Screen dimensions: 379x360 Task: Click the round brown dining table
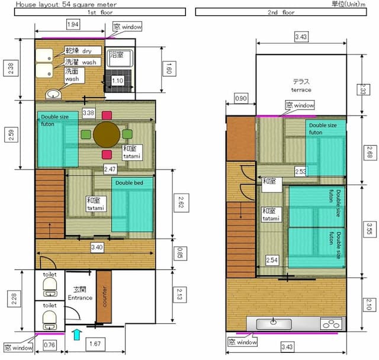(x=107, y=134)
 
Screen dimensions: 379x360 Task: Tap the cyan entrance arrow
(x=76, y=335)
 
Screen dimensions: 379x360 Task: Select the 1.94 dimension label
(x=73, y=24)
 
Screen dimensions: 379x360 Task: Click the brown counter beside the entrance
(x=104, y=297)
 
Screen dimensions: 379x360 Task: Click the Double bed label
(x=129, y=182)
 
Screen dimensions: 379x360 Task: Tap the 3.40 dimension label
(x=97, y=247)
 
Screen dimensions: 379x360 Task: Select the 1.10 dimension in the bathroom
(x=117, y=81)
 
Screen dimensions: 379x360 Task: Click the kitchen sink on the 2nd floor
(x=274, y=324)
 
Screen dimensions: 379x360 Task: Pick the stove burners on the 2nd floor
(x=331, y=324)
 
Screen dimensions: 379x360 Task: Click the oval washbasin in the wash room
(x=53, y=94)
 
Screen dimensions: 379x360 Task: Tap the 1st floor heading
(x=100, y=12)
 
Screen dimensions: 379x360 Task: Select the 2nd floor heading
(x=281, y=12)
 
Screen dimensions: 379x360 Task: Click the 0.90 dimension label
(x=241, y=98)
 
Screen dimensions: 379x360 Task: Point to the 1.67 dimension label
(x=95, y=343)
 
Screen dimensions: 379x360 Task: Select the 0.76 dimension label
(x=49, y=345)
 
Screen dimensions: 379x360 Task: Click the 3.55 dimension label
(x=370, y=229)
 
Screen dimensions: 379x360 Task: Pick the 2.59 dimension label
(x=11, y=134)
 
